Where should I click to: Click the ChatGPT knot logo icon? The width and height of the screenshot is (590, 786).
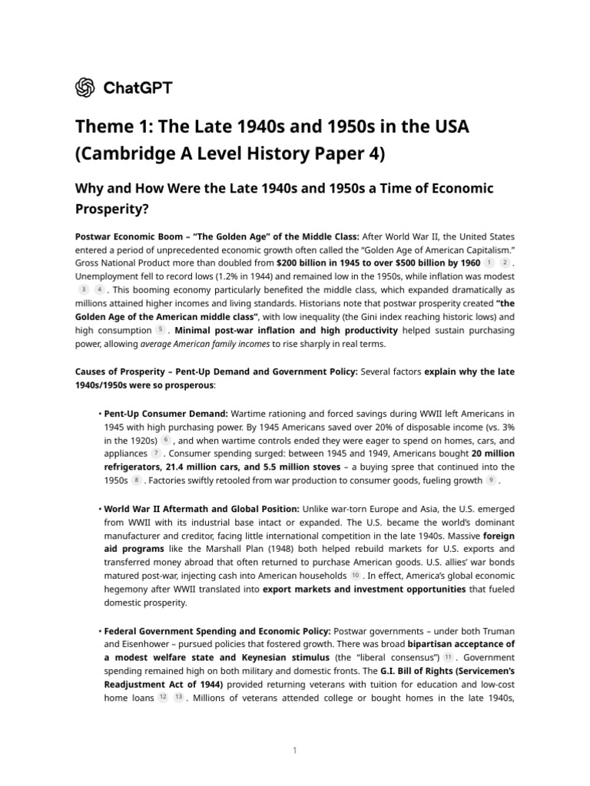85,88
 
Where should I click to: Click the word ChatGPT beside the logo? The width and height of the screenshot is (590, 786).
138,88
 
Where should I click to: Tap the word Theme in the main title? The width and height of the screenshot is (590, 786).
104,127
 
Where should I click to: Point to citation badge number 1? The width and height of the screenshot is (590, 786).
489,263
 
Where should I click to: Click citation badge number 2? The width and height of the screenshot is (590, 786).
504,263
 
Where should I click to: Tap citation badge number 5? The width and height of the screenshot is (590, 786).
160,330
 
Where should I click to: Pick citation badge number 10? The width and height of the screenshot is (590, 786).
355,576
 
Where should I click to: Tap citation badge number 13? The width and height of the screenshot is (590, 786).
178,698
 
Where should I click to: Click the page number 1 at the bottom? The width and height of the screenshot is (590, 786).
295,751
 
